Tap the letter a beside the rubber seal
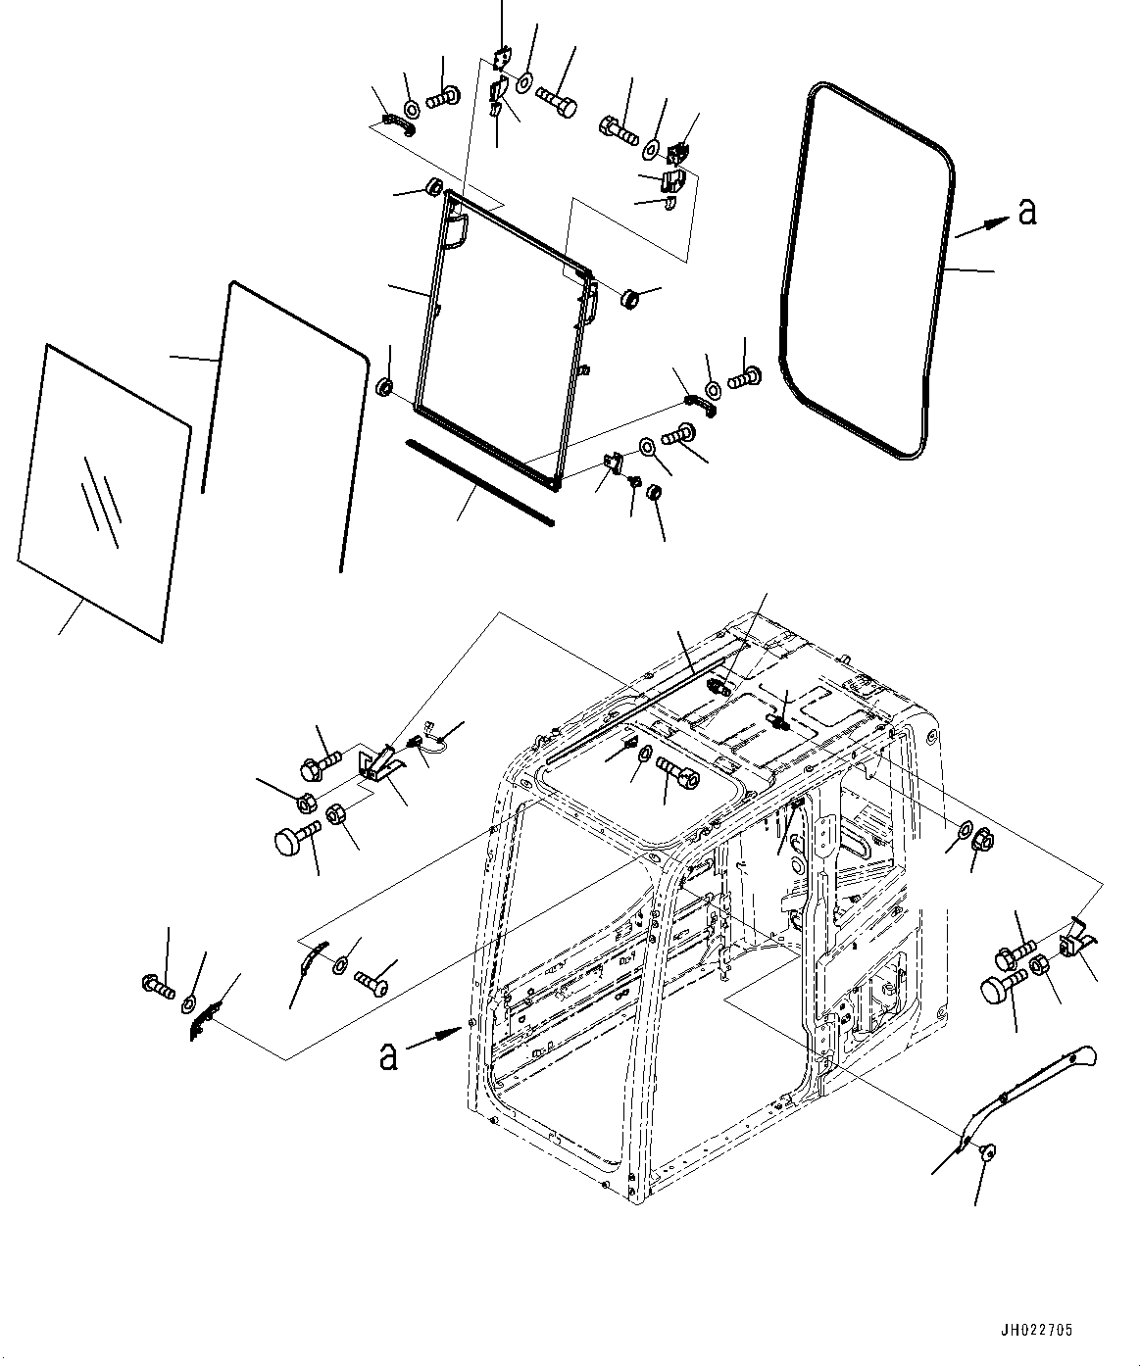coord(1026,211)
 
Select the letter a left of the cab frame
coord(389,1055)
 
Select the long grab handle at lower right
coord(1029,1090)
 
